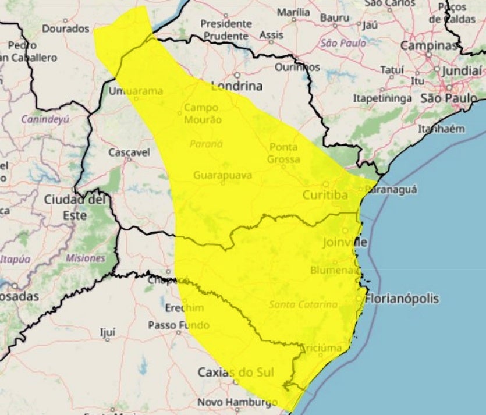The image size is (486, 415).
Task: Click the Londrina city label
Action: [237, 86]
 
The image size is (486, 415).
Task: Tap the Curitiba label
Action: [325, 195]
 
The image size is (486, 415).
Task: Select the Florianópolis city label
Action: [402, 299]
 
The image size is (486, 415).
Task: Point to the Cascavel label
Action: [129, 152]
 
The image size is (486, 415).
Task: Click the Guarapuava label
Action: [222, 175]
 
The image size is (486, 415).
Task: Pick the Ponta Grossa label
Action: [284, 153]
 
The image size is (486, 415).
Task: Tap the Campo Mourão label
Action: [202, 113]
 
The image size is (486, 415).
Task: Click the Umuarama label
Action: [136, 90]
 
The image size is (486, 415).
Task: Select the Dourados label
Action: [66, 28]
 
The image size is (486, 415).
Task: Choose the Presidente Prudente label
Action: [226, 29]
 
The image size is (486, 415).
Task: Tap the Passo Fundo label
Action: [171, 325]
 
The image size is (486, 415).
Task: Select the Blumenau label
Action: [332, 270]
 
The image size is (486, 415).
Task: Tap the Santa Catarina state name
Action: [303, 304]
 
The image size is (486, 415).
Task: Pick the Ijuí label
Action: [108, 332]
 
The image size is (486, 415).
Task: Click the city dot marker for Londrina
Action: [237, 75]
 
